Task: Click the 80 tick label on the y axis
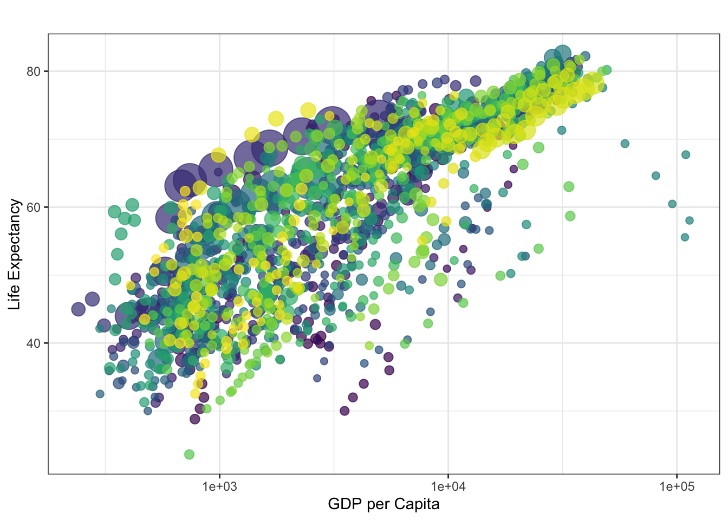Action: [x=33, y=71]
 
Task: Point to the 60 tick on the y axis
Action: [x=33, y=207]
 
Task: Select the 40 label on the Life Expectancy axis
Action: [x=33, y=343]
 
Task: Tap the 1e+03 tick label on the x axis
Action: [x=219, y=486]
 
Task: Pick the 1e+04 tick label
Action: [x=448, y=486]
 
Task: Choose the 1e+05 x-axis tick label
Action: [x=677, y=486]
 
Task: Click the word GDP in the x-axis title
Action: [x=345, y=504]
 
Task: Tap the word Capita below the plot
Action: [x=417, y=504]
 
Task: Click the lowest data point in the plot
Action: [x=189, y=454]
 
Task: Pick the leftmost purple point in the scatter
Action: [x=79, y=309]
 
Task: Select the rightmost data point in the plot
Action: [x=690, y=220]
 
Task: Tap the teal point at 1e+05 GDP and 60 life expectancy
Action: [x=672, y=204]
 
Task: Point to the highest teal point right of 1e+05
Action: [x=686, y=155]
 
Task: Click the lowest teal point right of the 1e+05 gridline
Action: [x=685, y=237]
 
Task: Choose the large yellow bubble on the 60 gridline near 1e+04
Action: [x=446, y=222]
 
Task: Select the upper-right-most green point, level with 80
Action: [x=607, y=70]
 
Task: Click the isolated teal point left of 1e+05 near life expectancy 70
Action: [x=625, y=144]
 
